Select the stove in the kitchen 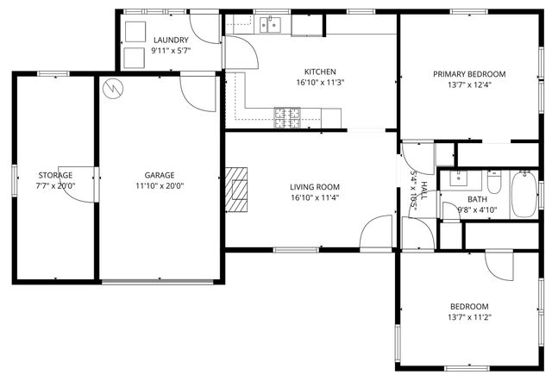coord(286,116)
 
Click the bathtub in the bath coord(523,195)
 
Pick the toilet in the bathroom coord(494,184)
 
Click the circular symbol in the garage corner coord(111,88)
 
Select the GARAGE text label coord(160,175)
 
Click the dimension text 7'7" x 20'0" coord(55,185)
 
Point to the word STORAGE coord(55,175)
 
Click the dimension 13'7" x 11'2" coord(469,317)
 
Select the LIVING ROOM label coord(314,187)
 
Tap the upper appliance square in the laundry coord(135,31)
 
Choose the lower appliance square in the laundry coord(135,58)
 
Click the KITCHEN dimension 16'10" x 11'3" coord(320,83)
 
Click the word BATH coord(453,199)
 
